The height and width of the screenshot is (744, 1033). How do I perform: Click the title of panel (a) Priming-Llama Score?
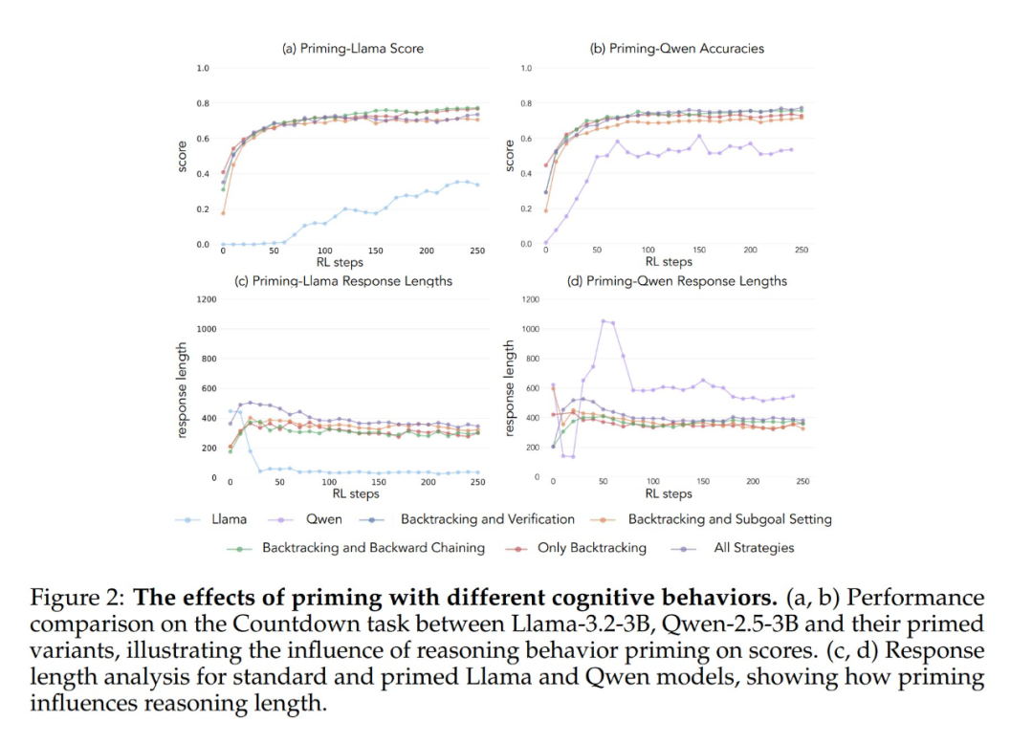point(352,48)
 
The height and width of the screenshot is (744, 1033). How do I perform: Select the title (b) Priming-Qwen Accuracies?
point(677,48)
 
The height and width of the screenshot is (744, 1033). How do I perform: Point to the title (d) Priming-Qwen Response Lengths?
point(676,281)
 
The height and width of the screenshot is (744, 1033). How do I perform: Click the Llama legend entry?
point(229,519)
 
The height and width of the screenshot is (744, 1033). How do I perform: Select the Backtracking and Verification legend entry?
point(487,519)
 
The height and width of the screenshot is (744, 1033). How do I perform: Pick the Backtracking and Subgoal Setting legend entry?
point(729,519)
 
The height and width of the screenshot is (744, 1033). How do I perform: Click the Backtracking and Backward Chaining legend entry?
point(373,548)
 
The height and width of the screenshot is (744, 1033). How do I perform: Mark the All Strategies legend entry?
point(754,548)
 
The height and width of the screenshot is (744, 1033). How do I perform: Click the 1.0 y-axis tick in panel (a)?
point(203,68)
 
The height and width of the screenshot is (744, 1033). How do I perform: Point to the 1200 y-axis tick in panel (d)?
point(531,299)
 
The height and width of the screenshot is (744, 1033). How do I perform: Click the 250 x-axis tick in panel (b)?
point(802,250)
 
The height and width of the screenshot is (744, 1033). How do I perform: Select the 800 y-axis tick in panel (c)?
point(205,359)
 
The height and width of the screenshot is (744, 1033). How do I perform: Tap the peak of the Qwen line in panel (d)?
point(603,320)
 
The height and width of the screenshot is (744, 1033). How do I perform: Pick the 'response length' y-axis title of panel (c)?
point(183,387)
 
